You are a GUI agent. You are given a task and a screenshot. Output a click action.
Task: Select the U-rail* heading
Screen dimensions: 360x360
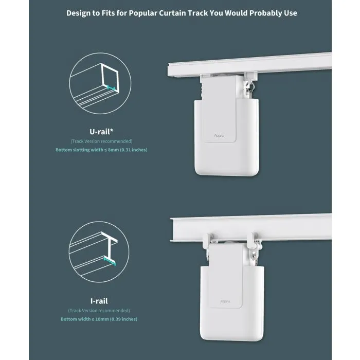(101, 132)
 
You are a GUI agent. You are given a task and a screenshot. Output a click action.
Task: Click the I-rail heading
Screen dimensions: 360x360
(99, 301)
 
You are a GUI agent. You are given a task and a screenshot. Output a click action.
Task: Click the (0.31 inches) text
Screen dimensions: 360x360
(134, 150)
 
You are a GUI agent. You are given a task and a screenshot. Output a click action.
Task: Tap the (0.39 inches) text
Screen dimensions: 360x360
(123, 319)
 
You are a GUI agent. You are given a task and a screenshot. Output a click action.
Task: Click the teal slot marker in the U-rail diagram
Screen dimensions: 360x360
(111, 88)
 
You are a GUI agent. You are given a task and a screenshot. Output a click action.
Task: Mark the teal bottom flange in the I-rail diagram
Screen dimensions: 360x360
(110, 261)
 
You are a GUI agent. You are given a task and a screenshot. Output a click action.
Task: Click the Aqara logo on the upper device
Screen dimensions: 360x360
(219, 136)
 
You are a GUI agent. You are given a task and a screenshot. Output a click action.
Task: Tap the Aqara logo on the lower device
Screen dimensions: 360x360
(225, 301)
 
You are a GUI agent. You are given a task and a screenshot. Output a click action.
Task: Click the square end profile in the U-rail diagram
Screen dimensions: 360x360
(110, 78)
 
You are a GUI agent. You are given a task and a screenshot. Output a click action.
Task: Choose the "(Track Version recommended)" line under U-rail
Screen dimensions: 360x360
(101, 141)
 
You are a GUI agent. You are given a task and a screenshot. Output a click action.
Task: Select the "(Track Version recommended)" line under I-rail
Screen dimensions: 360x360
(99, 311)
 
